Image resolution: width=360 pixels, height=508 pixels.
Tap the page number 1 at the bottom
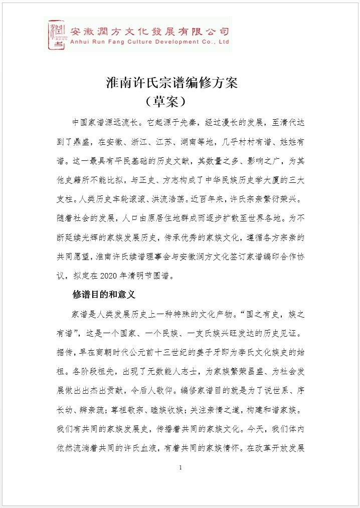click(180, 468)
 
